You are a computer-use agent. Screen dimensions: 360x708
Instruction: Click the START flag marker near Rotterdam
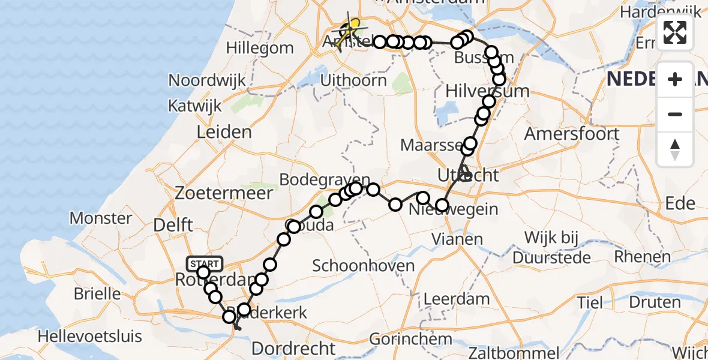tap(205, 264)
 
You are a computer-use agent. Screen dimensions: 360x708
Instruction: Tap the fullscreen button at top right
tap(675, 32)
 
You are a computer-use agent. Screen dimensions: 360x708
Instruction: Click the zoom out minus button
tap(675, 114)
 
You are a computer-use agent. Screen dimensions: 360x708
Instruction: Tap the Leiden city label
tap(223, 132)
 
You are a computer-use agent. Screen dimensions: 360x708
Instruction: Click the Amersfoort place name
tap(571, 133)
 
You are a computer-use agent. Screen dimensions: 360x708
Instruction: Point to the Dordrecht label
tap(293, 348)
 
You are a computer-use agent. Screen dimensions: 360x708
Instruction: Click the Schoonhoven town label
tap(363, 266)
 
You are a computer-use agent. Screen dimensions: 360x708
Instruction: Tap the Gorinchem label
tap(411, 339)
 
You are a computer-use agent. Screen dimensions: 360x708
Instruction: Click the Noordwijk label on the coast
tap(208, 80)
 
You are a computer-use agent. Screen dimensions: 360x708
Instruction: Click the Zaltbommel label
tap(515, 352)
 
